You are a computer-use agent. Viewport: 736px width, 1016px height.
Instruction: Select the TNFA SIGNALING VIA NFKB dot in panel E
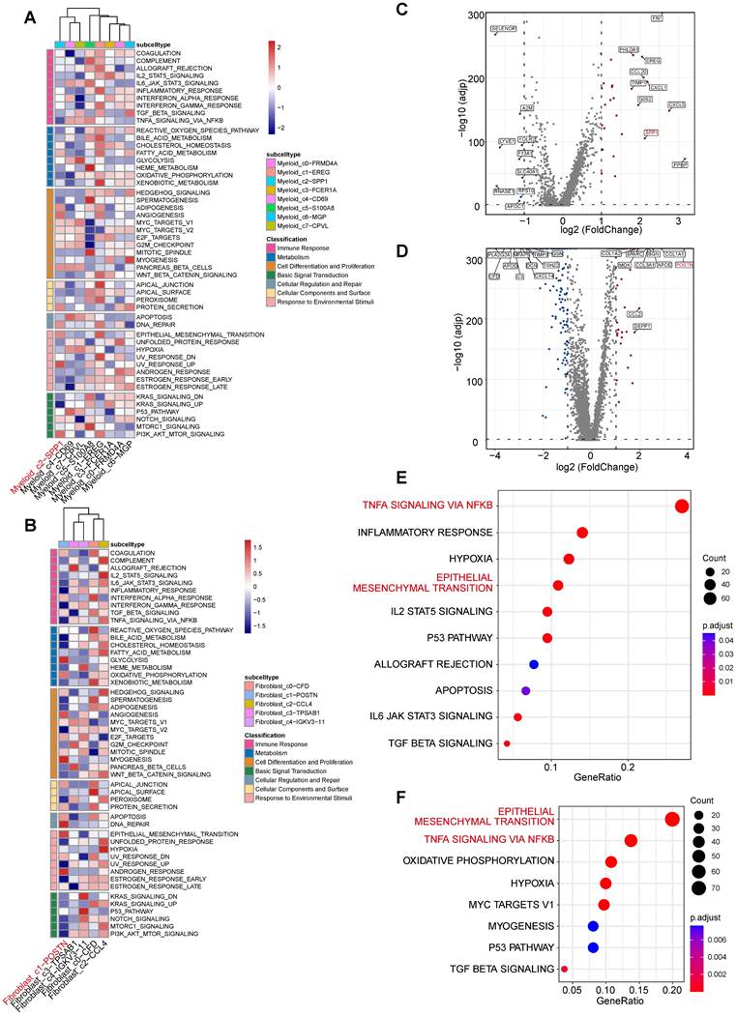pos(681,506)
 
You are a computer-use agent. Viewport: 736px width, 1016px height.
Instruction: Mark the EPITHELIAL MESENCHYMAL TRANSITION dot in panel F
pos(672,820)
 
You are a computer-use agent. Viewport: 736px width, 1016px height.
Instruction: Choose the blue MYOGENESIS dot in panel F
pos(593,926)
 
